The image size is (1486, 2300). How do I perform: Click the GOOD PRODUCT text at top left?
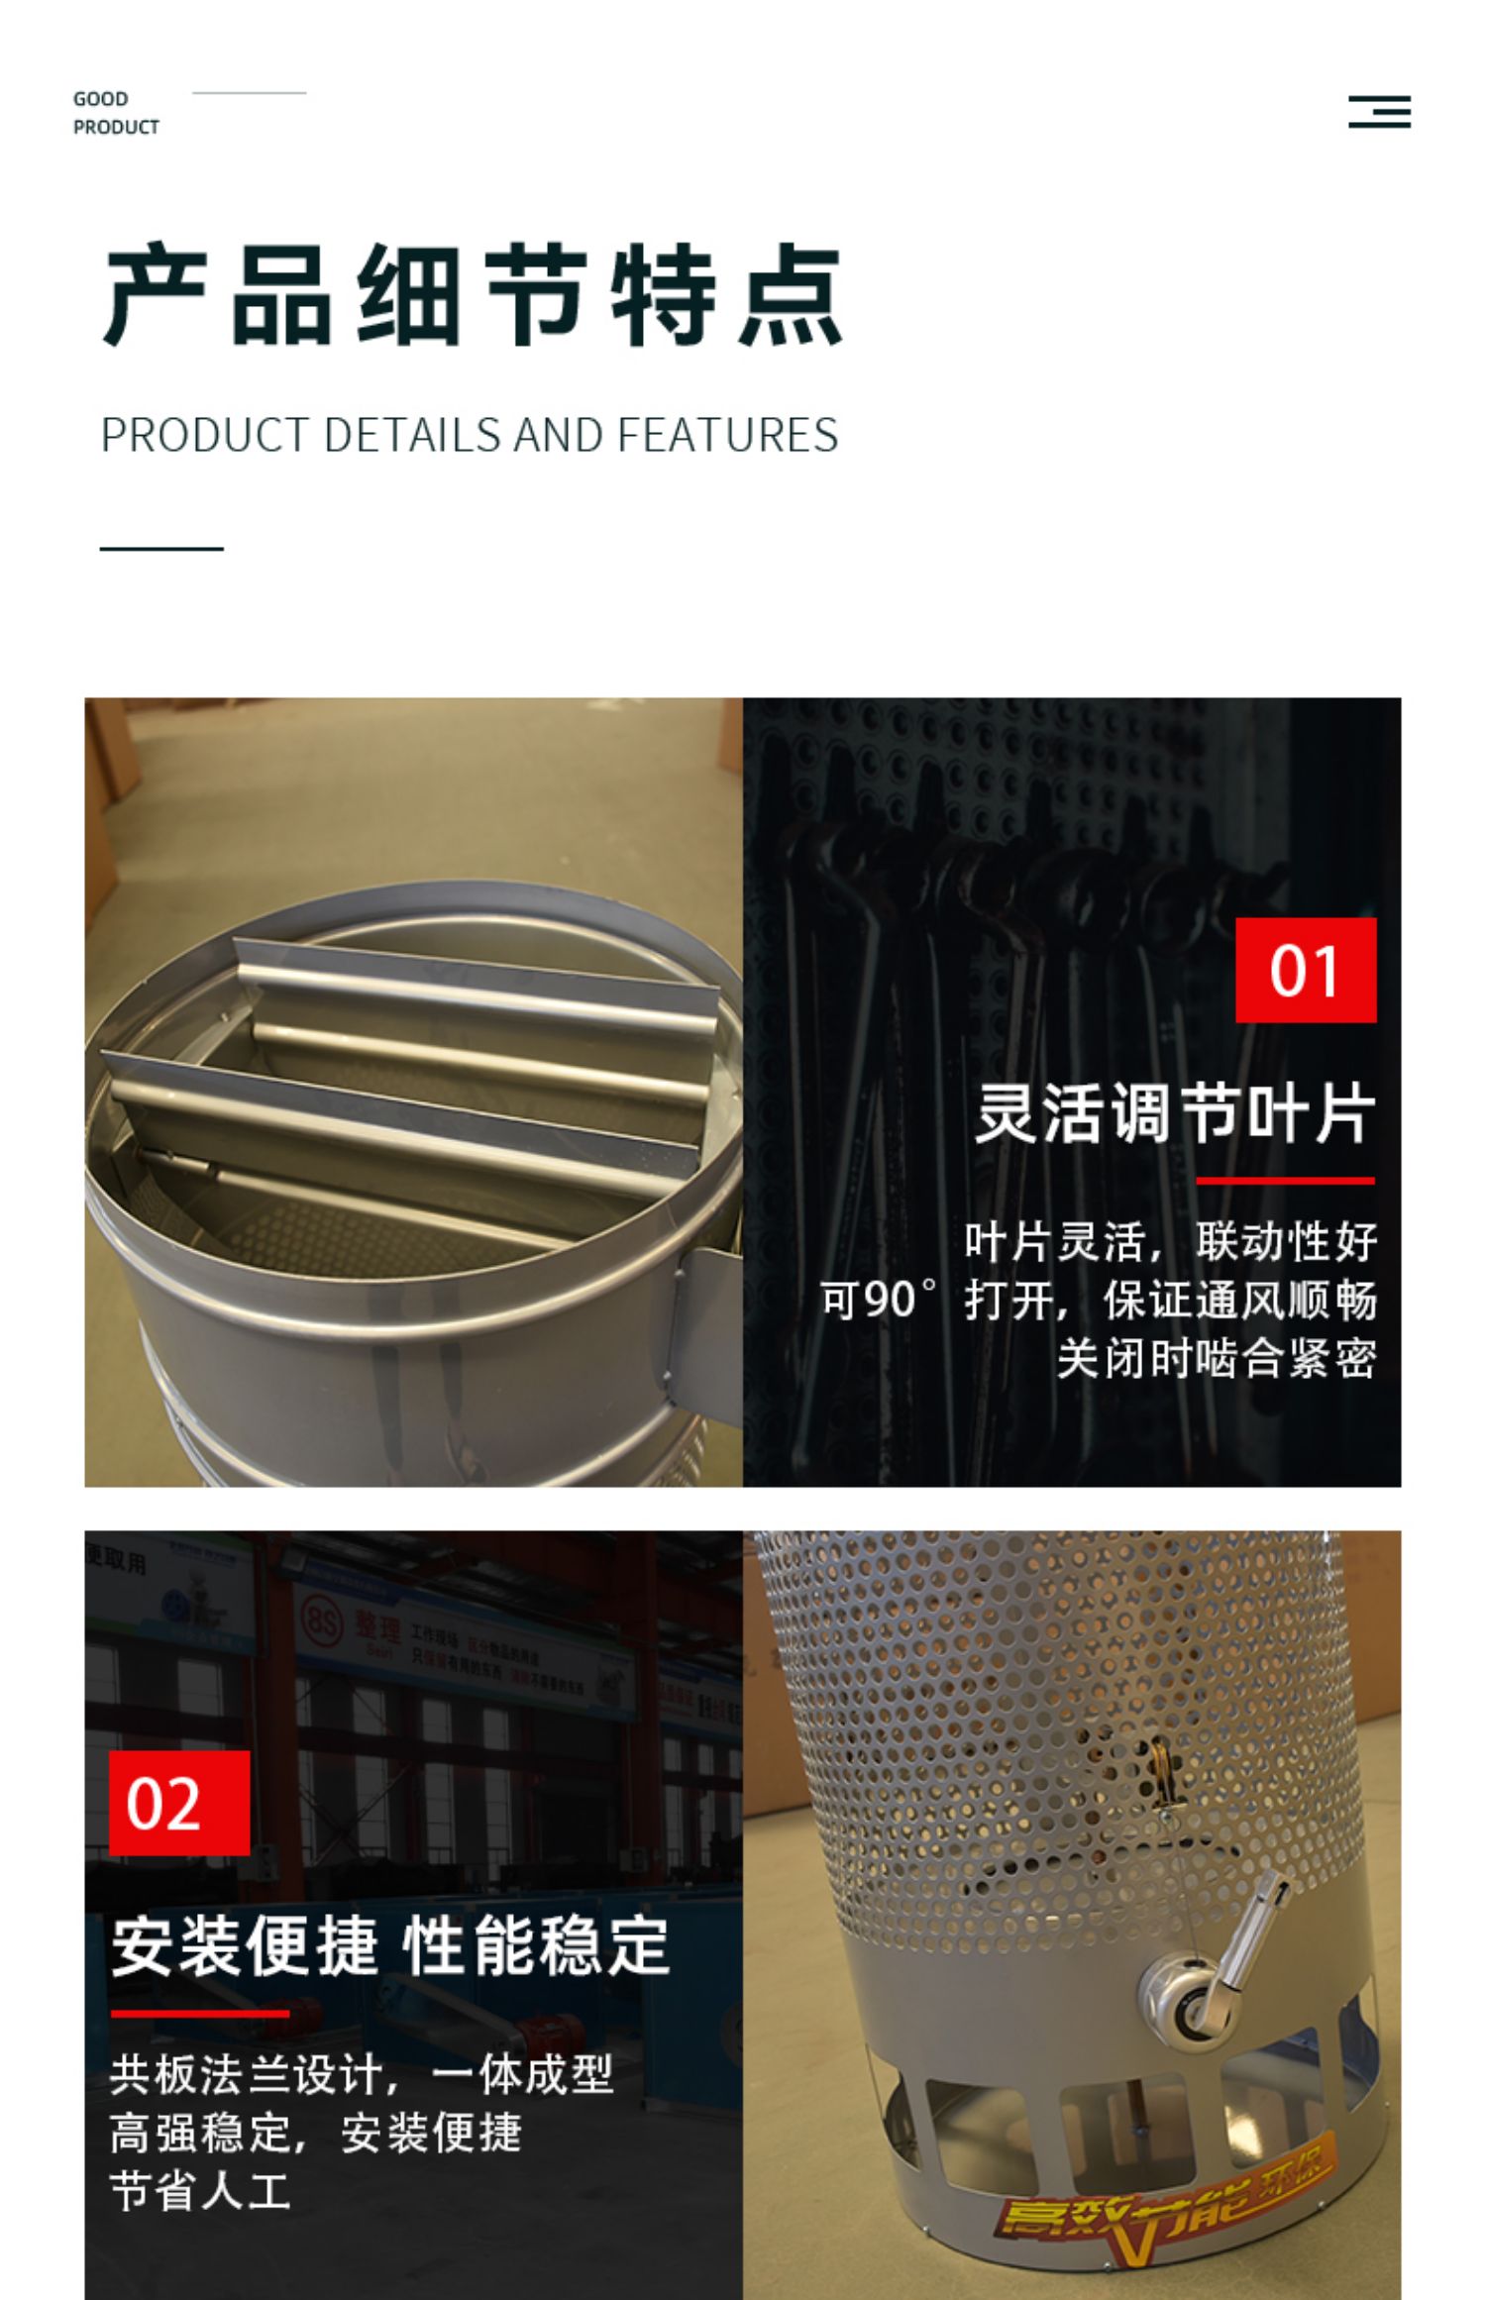[x=115, y=113]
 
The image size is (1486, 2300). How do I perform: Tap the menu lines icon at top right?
[x=1379, y=112]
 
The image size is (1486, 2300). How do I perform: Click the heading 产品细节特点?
[x=474, y=294]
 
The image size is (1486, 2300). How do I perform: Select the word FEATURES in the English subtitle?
[x=727, y=436]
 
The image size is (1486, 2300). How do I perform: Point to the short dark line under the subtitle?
[x=161, y=548]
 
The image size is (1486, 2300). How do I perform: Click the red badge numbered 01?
[x=1305, y=970]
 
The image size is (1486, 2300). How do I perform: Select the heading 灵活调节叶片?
[x=1175, y=1113]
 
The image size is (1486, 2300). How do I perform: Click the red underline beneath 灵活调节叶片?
[x=1284, y=1181]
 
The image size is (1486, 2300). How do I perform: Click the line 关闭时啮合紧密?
[x=1216, y=1358]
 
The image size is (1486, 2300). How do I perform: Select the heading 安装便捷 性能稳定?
[x=390, y=1944]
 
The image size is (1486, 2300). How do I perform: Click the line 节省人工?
[x=200, y=2191]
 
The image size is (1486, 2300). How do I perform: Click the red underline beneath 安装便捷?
[x=199, y=2013]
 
